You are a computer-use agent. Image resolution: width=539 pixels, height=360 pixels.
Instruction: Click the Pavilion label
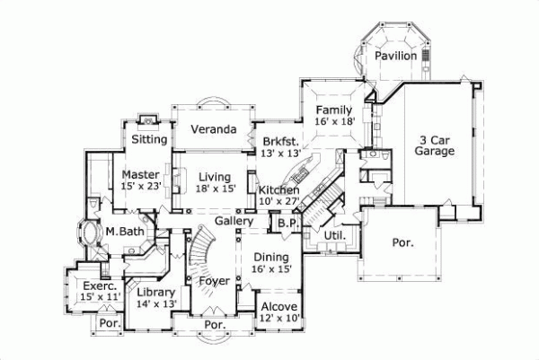(x=396, y=56)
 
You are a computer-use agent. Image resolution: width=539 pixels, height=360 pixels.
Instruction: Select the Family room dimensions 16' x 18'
(x=335, y=119)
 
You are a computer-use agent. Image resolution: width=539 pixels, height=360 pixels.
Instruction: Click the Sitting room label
(x=149, y=139)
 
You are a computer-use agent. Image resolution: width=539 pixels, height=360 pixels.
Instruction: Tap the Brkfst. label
(x=281, y=141)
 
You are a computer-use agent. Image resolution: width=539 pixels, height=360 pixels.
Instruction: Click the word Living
(x=216, y=176)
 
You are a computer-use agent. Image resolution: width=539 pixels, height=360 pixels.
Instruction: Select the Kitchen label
(x=278, y=190)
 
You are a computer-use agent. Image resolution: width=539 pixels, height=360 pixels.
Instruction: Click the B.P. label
(x=287, y=223)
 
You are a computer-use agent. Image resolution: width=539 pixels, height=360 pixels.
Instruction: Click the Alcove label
(x=278, y=306)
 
